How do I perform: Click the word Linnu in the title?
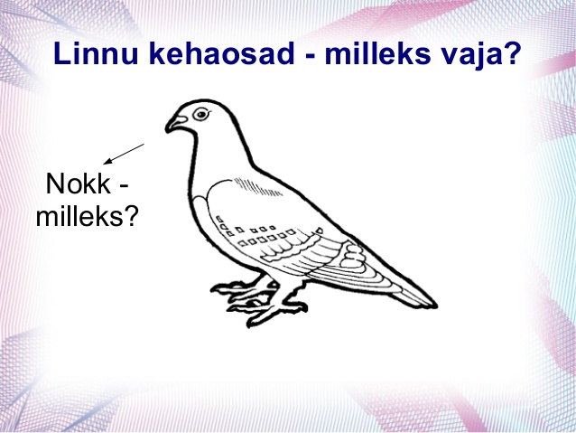coord(96,53)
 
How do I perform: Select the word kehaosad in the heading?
coord(221,53)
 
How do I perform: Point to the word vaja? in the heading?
coord(484,55)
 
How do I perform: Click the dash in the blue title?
coord(310,56)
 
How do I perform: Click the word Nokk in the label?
coord(79,184)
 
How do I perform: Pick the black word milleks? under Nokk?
coord(87,215)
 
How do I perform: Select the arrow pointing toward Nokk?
coord(124,154)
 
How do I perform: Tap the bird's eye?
coord(201,114)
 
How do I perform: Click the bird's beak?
coord(175,124)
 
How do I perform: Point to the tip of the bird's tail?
coord(434,305)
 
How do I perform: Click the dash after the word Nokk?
coord(125,186)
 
